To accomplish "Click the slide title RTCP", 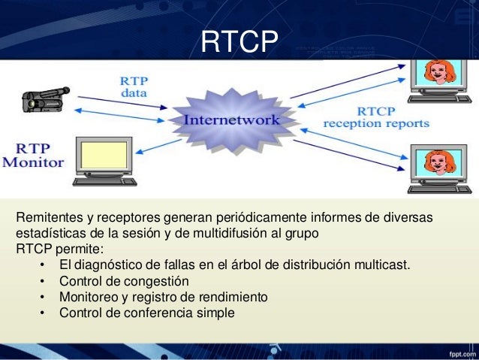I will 239,42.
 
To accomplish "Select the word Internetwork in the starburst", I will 232,120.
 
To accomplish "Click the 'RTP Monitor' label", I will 35,155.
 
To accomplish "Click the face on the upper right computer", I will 437,73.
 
